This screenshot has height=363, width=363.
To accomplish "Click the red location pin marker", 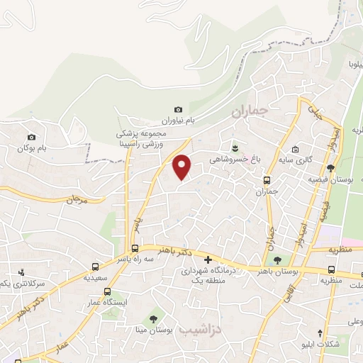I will coord(182,167).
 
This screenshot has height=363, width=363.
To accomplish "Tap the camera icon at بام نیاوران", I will coord(178,109).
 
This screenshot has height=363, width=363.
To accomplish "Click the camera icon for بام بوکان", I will coord(31,137).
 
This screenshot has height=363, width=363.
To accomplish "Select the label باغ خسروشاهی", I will coord(234,160).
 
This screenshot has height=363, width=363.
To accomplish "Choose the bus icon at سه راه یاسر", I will coord(135,248).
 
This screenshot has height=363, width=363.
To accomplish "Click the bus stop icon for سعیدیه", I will coord(96,267).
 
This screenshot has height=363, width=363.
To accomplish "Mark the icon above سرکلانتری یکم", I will coord(21,272).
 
